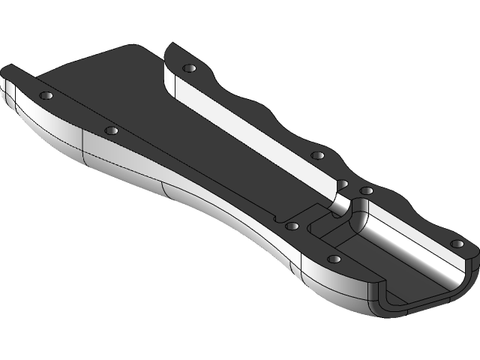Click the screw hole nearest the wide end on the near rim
[x=46, y=95]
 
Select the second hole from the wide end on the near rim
[x=112, y=130]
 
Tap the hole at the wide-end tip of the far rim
[x=188, y=68]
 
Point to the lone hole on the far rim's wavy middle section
[x=317, y=155]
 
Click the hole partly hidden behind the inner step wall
[x=342, y=183]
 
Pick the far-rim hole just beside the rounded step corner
[x=366, y=191]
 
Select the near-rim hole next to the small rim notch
[x=292, y=224]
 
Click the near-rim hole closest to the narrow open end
[x=334, y=259]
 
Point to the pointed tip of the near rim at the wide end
[x=6, y=70]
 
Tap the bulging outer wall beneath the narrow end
[x=330, y=289]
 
